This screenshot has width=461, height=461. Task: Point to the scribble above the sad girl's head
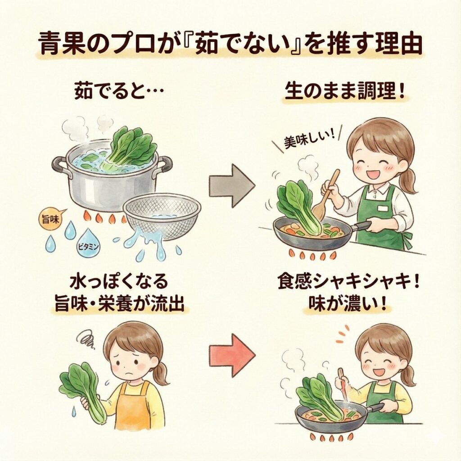(86, 339)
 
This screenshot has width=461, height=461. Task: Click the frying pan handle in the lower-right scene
(376, 408)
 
